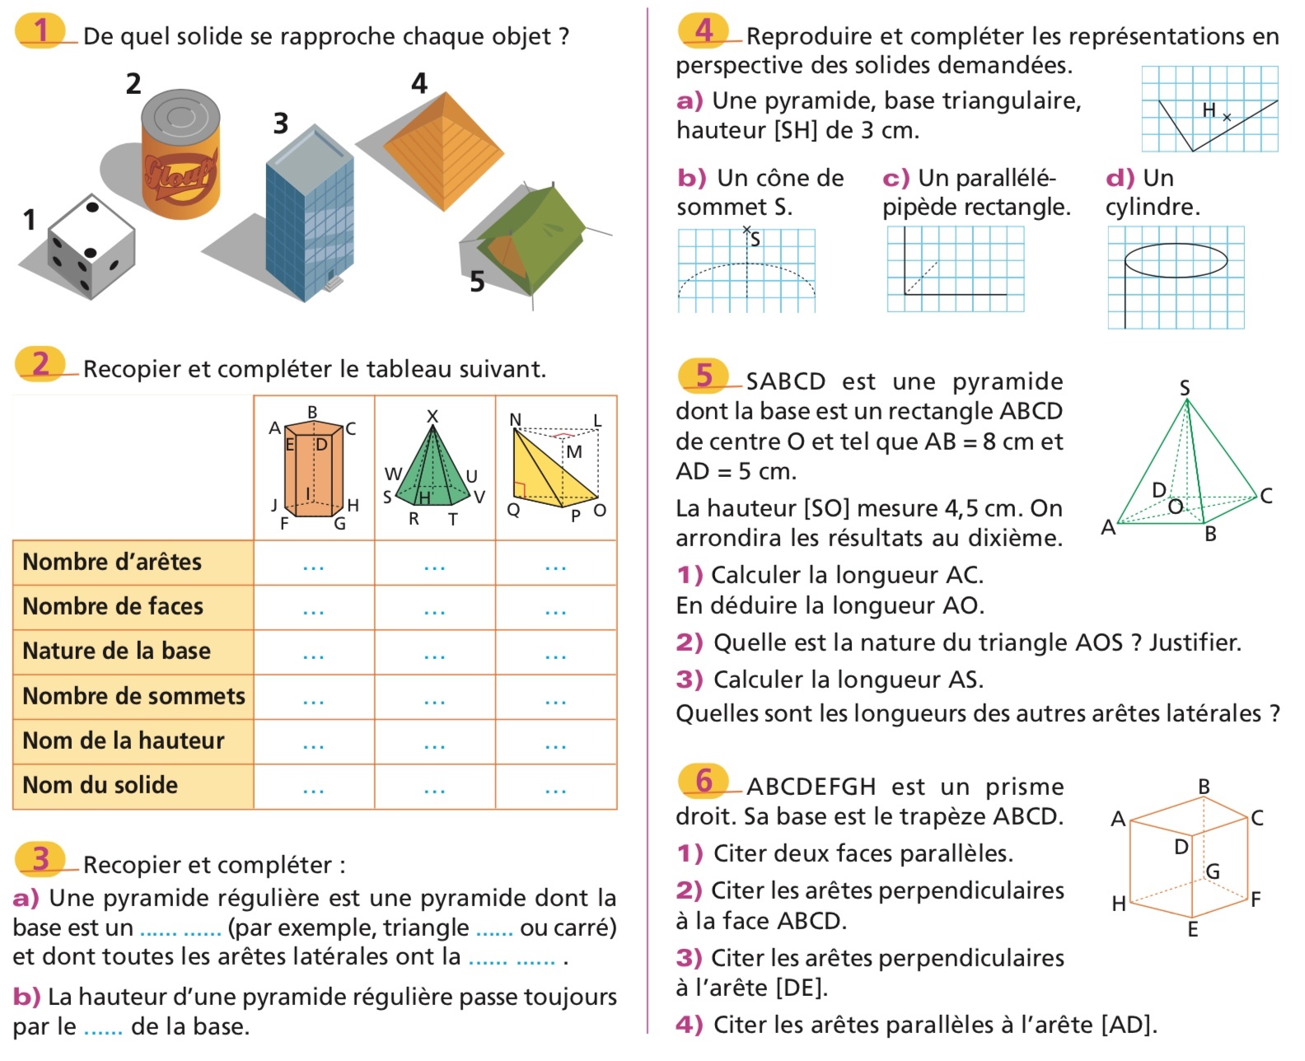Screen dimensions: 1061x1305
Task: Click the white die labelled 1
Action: (91, 245)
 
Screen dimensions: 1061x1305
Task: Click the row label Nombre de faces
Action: (113, 607)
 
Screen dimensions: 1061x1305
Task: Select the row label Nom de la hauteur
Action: (123, 741)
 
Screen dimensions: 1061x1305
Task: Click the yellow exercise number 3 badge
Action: (41, 858)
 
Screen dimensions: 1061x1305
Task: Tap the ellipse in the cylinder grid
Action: (1176, 260)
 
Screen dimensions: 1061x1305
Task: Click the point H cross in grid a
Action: (1227, 118)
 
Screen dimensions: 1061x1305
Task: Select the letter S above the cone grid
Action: (755, 240)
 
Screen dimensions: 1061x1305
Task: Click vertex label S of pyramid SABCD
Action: (1185, 387)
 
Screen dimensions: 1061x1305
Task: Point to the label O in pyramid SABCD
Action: (1175, 505)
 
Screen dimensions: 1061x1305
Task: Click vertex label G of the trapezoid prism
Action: (1213, 871)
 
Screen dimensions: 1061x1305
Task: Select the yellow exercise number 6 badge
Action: (704, 780)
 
